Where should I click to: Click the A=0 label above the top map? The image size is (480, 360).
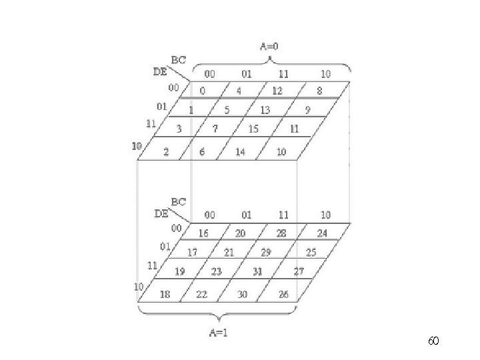[270, 47]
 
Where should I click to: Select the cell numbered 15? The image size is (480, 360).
[253, 129]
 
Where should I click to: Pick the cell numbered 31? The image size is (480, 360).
[257, 271]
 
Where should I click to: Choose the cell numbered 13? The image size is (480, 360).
[265, 110]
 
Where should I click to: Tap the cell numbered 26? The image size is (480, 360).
[283, 294]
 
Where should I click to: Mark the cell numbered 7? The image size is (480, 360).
[215, 129]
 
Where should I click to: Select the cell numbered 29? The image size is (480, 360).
[266, 253]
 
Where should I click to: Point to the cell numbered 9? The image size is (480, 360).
[307, 110]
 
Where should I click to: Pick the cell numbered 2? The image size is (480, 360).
[166, 151]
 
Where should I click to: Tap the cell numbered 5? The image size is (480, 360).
[227, 110]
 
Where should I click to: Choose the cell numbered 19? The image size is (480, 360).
[180, 271]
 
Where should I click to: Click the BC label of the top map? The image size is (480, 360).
[179, 59]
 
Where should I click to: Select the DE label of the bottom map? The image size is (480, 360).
[161, 214]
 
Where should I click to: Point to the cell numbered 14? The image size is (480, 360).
[240, 151]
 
